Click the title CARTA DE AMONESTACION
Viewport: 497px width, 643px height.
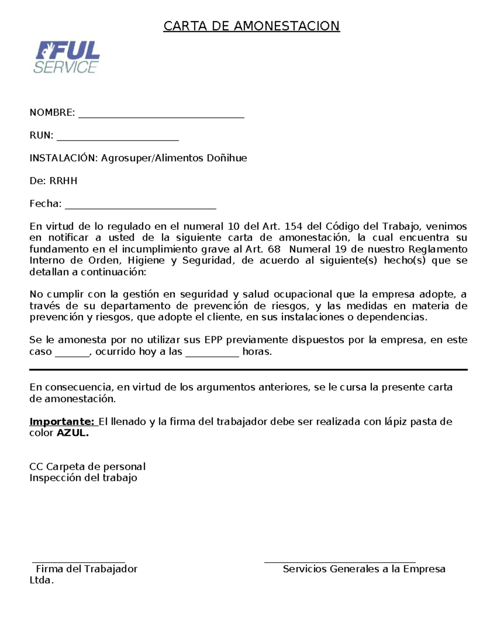point(251,26)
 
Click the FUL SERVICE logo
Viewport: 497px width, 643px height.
point(67,58)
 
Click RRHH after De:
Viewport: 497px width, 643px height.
point(63,181)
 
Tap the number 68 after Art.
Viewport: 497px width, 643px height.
point(274,249)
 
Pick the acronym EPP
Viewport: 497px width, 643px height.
point(214,340)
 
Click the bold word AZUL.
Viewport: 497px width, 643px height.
point(72,433)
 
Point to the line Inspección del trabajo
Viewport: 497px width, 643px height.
point(83,478)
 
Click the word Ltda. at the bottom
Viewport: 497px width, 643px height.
point(41,580)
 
